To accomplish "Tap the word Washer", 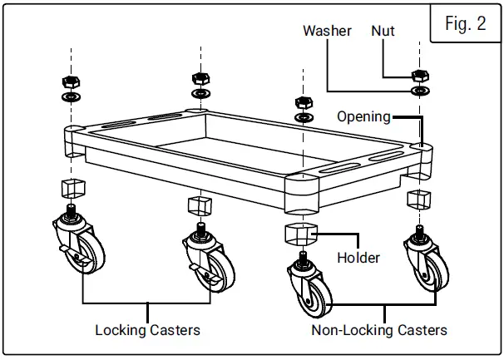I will point(327,31).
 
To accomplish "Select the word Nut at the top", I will point(383,31).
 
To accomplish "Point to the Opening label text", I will point(363,116).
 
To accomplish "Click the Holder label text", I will point(358,257).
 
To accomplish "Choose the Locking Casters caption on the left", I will point(147,330).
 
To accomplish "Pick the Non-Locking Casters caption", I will point(378,330).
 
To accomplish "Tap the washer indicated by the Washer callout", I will point(420,91).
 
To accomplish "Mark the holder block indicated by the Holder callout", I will point(303,234).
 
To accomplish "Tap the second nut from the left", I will point(200,79).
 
